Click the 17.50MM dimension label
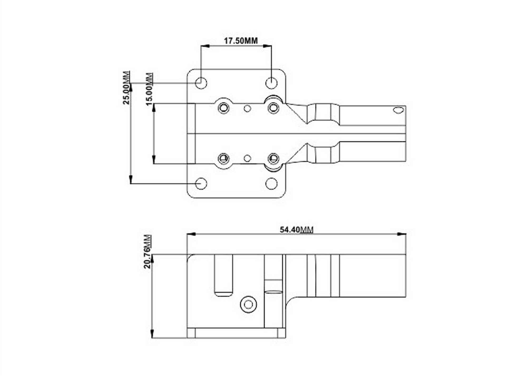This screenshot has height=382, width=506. point(241,41)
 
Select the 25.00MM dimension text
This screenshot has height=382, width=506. point(126,88)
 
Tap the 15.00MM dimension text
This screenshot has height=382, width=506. point(149,89)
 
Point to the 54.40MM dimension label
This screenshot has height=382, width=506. point(296,230)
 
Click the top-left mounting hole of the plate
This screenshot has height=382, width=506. point(201,83)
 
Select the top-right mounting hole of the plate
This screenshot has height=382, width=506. point(271,83)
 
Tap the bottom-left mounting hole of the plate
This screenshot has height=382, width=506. point(201,183)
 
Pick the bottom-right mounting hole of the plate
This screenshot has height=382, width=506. point(271,183)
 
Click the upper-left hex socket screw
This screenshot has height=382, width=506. point(224,108)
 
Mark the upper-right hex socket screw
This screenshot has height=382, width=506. point(273,108)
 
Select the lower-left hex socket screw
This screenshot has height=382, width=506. point(224,158)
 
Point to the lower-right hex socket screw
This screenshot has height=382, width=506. point(273,158)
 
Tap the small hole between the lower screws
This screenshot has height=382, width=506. point(247,158)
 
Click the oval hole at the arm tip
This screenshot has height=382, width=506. point(398,110)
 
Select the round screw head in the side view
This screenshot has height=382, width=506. point(249,304)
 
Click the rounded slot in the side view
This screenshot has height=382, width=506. point(223,275)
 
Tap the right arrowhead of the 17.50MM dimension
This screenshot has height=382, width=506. point(267,46)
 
